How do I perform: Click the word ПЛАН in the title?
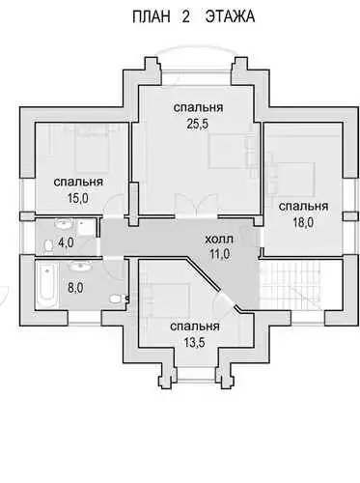coord(151,16)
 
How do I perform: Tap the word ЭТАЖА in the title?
coord(230,16)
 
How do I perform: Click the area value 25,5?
coord(198,124)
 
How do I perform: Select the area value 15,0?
coord(78,198)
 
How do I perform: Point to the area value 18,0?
coord(303,222)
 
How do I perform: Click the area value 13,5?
coord(194,343)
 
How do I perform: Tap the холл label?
coord(219,240)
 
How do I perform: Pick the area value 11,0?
coord(219,254)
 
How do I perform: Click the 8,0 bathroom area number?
coord(75,288)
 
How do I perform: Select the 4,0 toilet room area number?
coord(66,242)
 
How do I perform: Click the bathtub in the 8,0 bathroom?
coord(46,285)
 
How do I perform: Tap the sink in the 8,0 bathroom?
coord(80,266)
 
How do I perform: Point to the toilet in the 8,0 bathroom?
coord(117,298)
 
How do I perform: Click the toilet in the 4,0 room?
coord(49,245)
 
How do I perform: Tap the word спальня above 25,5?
coord(198,108)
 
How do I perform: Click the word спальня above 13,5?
coord(195,327)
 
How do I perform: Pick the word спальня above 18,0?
coord(303,207)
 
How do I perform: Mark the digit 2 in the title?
coord(185,16)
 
